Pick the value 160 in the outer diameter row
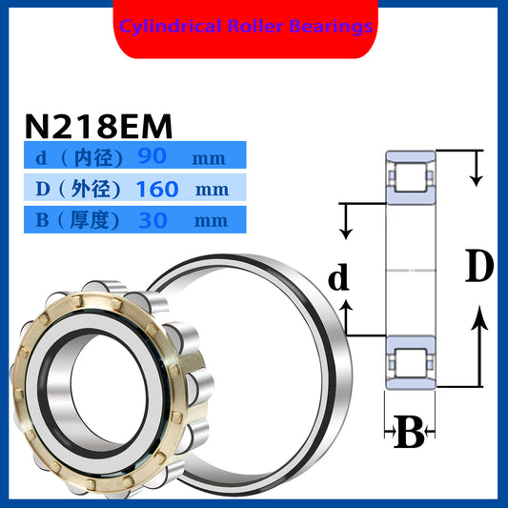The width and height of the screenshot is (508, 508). [x=157, y=189]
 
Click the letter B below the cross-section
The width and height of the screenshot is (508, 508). [x=408, y=435]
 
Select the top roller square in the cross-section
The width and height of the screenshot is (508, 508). [x=410, y=175]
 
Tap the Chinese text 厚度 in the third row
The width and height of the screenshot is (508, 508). [x=93, y=220]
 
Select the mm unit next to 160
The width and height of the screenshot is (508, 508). [x=212, y=189]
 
